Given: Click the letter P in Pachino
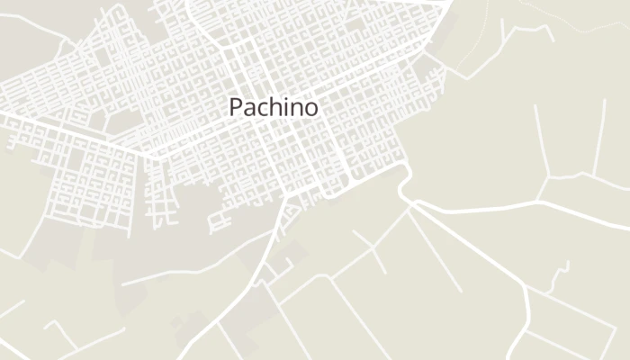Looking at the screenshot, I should tap(237, 107).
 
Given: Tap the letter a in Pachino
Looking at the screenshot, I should tap(251, 109).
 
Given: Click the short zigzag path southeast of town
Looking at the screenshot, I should tap(565, 270).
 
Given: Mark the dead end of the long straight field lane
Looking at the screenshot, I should tap(461, 290).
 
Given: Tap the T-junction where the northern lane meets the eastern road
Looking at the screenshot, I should tap(541, 201).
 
